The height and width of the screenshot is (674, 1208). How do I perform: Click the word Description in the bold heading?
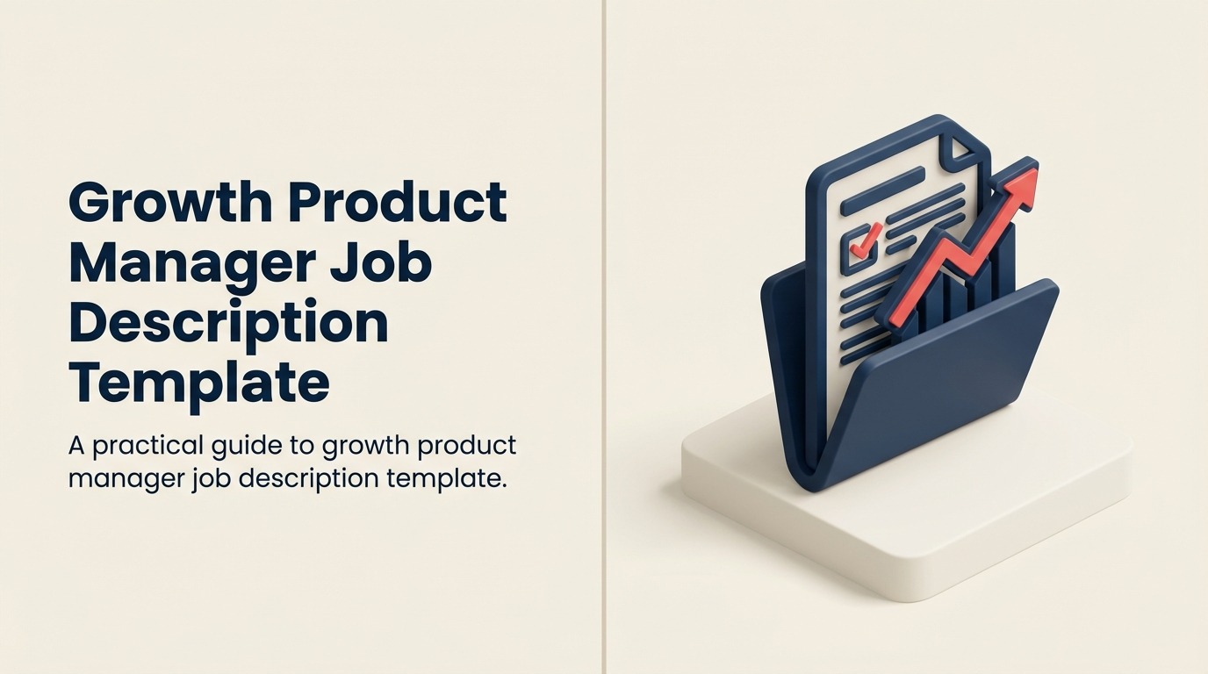coord(228,324)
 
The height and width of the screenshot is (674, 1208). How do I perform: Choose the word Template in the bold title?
coord(199,384)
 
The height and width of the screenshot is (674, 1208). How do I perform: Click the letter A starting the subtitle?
coord(75,446)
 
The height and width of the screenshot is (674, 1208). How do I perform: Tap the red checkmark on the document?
coord(866,237)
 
